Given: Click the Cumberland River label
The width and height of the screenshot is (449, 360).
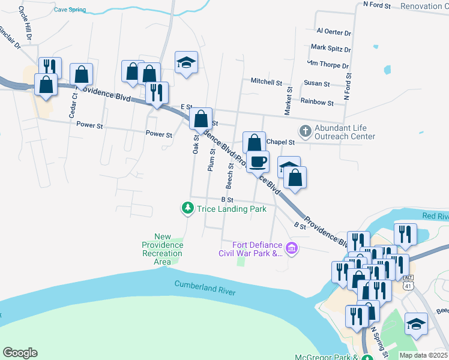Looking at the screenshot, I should click(x=205, y=288).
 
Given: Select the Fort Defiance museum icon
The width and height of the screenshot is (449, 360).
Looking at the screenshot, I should click(x=292, y=248).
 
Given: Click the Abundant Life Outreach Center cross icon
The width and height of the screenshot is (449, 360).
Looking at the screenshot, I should click(x=306, y=130).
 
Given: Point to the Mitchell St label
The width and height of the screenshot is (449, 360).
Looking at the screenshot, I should click(x=266, y=82).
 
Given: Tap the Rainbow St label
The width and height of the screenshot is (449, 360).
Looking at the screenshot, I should click(x=317, y=103).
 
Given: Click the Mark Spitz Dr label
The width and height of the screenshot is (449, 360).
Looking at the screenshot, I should click(x=330, y=47).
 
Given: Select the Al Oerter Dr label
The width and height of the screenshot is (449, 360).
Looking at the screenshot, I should click(x=333, y=32).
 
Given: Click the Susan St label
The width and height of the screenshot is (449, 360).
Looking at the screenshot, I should click(x=317, y=84).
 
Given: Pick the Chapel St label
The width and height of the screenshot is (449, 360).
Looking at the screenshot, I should click(x=281, y=142).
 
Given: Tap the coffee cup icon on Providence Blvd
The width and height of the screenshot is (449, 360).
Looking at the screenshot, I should click(x=258, y=161).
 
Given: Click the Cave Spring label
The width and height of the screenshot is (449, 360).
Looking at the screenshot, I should click(x=70, y=10).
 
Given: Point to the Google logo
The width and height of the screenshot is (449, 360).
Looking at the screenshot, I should click(x=20, y=353).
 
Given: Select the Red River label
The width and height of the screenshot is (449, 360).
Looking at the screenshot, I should click(x=435, y=215).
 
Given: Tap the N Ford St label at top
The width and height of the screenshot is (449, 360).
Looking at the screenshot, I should click(x=377, y=5).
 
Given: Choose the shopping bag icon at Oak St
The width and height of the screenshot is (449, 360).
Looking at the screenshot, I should click(x=200, y=118).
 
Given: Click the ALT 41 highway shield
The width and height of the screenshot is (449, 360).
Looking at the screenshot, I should click(x=408, y=282).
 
